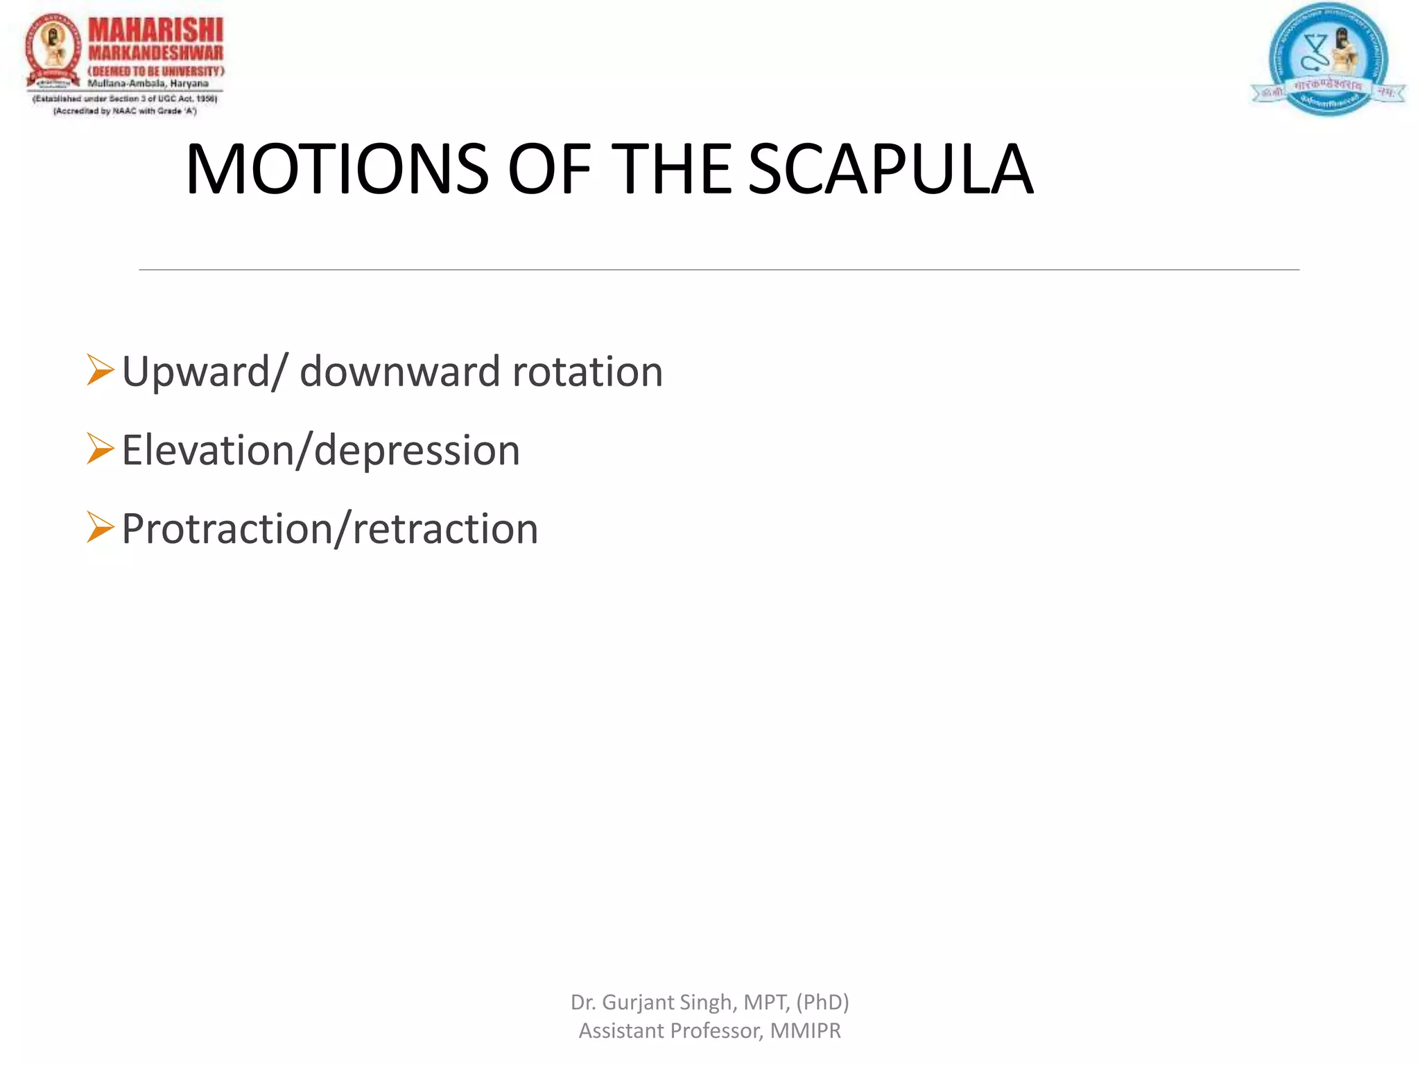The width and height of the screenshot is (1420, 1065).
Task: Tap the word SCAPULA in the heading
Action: point(890,169)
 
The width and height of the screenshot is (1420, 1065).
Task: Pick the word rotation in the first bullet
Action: point(587,372)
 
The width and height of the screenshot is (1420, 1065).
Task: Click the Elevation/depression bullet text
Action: point(320,451)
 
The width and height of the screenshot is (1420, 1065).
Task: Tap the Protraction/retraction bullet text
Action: point(329,529)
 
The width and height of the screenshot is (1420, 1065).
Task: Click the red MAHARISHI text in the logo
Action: point(156,31)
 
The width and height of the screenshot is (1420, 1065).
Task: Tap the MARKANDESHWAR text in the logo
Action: point(156,53)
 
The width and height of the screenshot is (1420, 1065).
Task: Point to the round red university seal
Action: point(53,52)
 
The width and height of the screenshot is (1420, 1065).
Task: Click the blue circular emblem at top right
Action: point(1328,59)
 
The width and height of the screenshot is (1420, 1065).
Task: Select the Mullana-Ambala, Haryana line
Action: point(148,84)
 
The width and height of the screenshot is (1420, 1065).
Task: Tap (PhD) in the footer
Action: point(822,1003)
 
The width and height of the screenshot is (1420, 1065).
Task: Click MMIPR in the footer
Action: point(805,1031)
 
